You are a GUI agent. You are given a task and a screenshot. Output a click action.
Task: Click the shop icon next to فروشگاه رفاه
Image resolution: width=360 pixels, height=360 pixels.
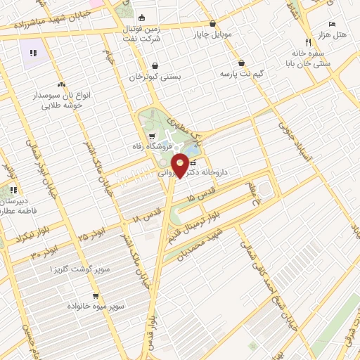click(152, 135)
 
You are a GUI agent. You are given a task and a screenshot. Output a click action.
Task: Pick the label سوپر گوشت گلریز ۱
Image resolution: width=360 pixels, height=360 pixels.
click(79, 270)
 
